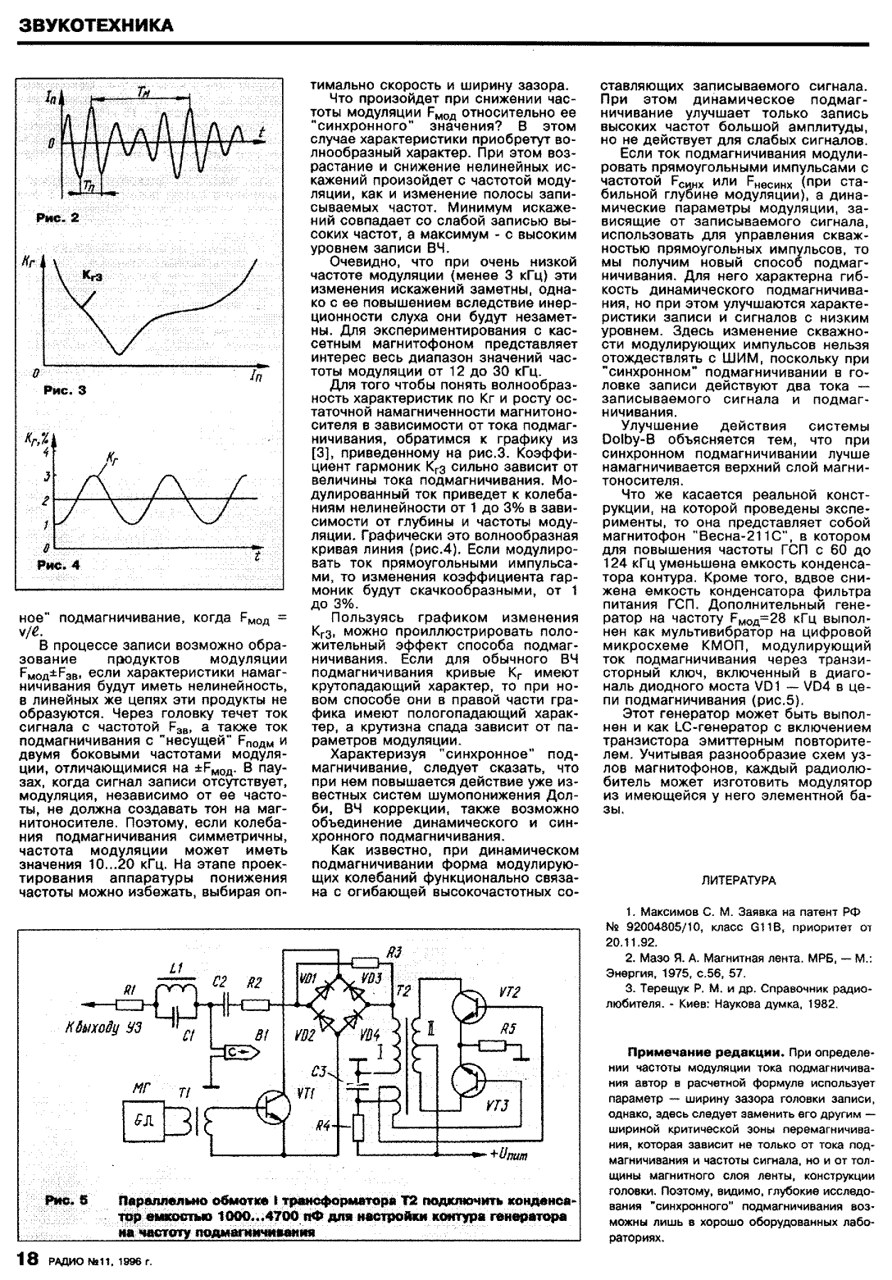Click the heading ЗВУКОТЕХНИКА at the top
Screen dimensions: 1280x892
tap(96, 25)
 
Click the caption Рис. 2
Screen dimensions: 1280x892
tap(57, 218)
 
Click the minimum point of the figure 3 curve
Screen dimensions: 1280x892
tap(120, 354)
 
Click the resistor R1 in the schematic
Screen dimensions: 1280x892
tap(129, 1004)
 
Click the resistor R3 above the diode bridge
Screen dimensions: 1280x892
tap(364, 963)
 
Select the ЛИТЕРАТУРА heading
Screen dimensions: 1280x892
tap(739, 881)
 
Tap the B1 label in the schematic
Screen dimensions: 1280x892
tap(262, 1036)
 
